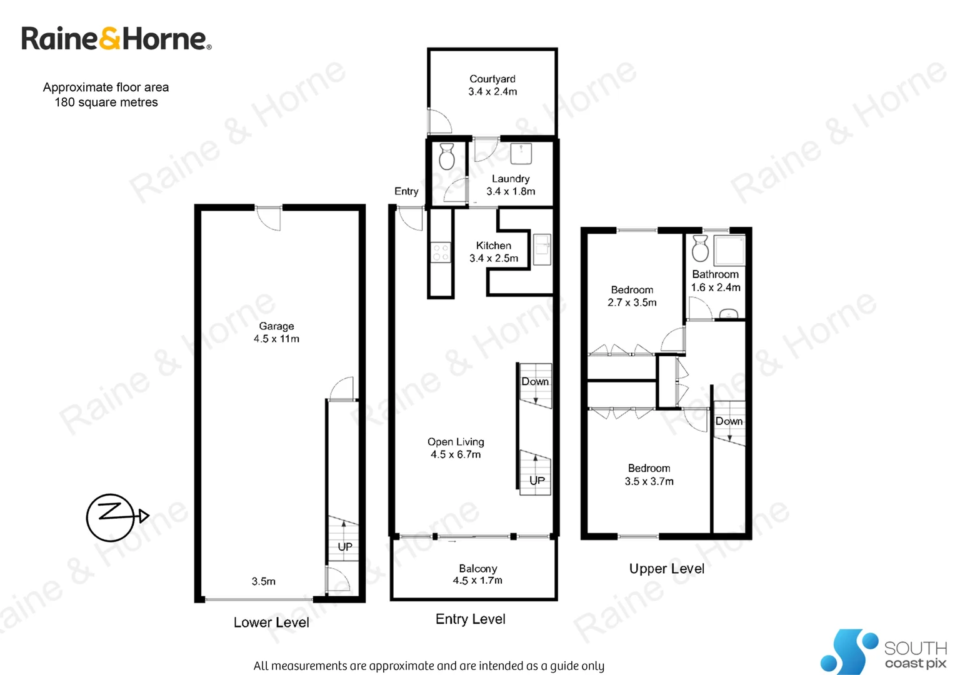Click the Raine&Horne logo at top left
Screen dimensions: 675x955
coord(116,39)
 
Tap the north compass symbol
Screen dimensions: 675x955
coord(111,517)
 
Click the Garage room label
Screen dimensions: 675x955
coord(276,332)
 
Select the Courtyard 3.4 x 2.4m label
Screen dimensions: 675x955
coord(492,85)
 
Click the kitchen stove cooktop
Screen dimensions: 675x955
coord(441,252)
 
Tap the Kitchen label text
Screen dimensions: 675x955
coord(494,246)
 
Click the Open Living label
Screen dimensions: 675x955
coord(456,447)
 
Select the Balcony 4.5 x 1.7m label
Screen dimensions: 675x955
coord(478,574)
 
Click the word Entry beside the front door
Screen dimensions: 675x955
coord(406,191)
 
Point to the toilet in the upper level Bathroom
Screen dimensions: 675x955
coord(700,249)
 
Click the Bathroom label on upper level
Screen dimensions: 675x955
coord(715,274)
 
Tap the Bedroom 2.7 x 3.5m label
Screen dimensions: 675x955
coord(632,296)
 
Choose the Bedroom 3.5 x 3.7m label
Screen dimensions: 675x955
coord(649,474)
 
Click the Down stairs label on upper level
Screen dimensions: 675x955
coord(729,421)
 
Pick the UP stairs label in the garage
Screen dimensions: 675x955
coord(345,546)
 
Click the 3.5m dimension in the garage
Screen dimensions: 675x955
coord(263,581)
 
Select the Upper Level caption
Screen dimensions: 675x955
coord(666,569)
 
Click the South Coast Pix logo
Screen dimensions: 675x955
coord(884,652)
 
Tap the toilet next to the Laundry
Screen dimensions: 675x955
coord(446,157)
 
